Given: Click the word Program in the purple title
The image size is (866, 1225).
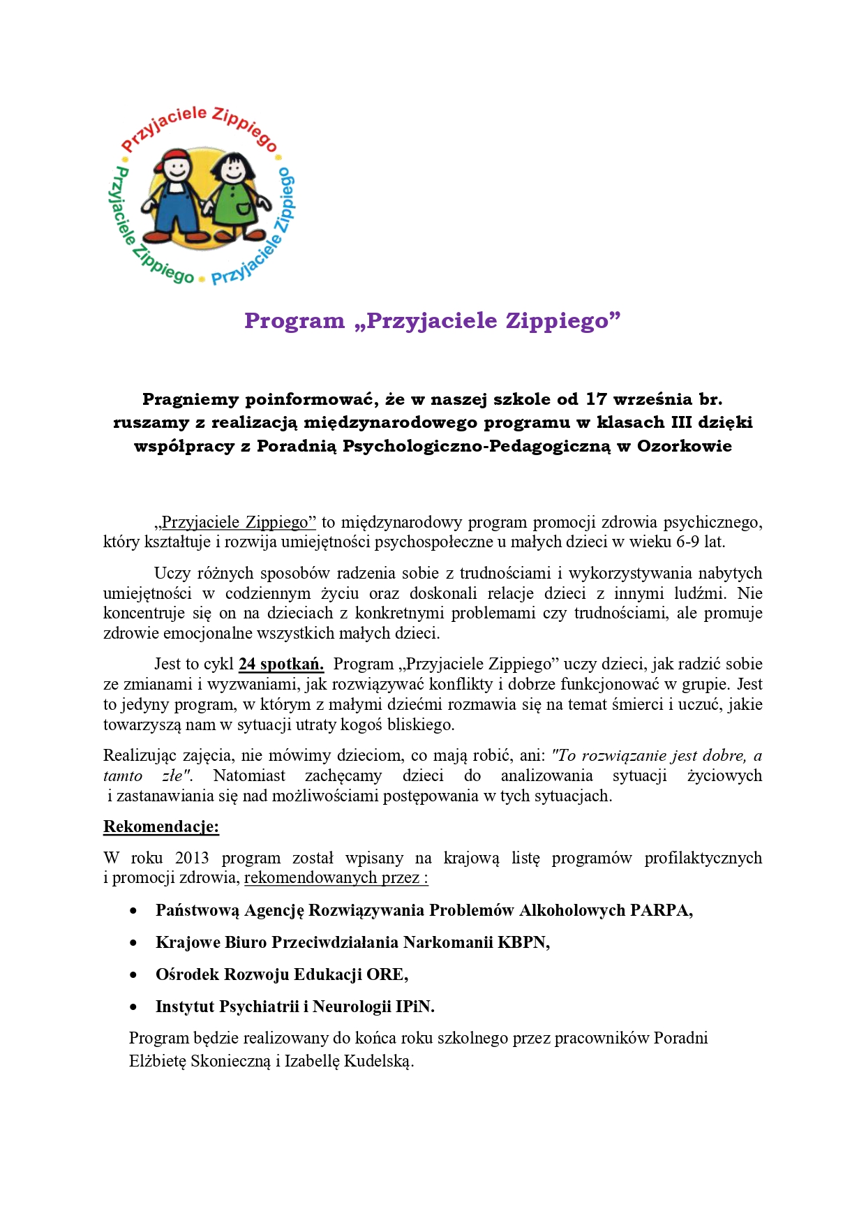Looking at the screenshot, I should point(294,320).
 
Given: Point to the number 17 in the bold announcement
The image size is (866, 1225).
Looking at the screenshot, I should point(596,399).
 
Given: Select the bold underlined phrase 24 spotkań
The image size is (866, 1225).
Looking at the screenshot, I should point(281,664).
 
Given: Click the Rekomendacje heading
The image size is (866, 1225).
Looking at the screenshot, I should point(161,826).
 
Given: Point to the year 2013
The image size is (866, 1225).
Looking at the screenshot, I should point(192,858).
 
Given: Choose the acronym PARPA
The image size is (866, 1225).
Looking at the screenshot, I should point(661,910).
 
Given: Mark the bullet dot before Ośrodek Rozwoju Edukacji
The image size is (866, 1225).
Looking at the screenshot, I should point(133,975).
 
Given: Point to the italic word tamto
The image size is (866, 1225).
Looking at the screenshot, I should point(123,775).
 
